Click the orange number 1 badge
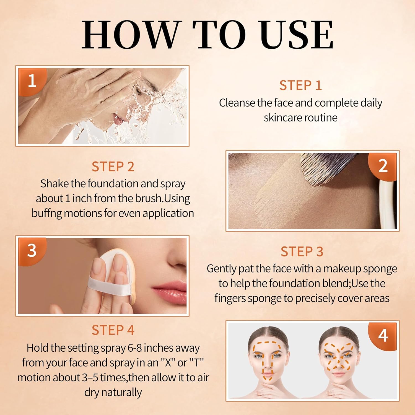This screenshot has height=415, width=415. point(32,81)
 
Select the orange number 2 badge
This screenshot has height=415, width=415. point(383,166)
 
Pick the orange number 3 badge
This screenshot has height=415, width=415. point(32,251)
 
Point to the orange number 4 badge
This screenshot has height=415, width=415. point(383,336)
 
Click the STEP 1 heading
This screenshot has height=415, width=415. point(300,85)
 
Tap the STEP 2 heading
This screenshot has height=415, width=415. point(113,167)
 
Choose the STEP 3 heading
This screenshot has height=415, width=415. point(302,252)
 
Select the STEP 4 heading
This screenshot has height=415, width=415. point(113,330)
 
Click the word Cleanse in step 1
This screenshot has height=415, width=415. point(237,103)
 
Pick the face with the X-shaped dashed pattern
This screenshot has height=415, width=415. point(339,360)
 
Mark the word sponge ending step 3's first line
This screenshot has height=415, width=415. point(380,269)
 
